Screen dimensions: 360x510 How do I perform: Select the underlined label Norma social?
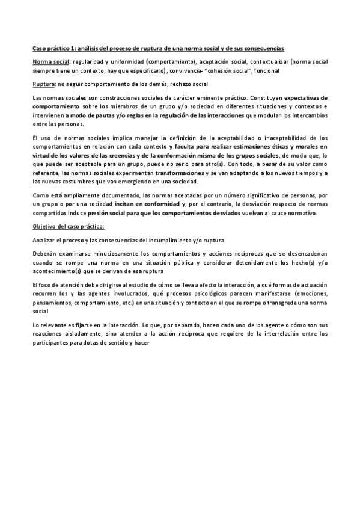(x=50, y=61)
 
